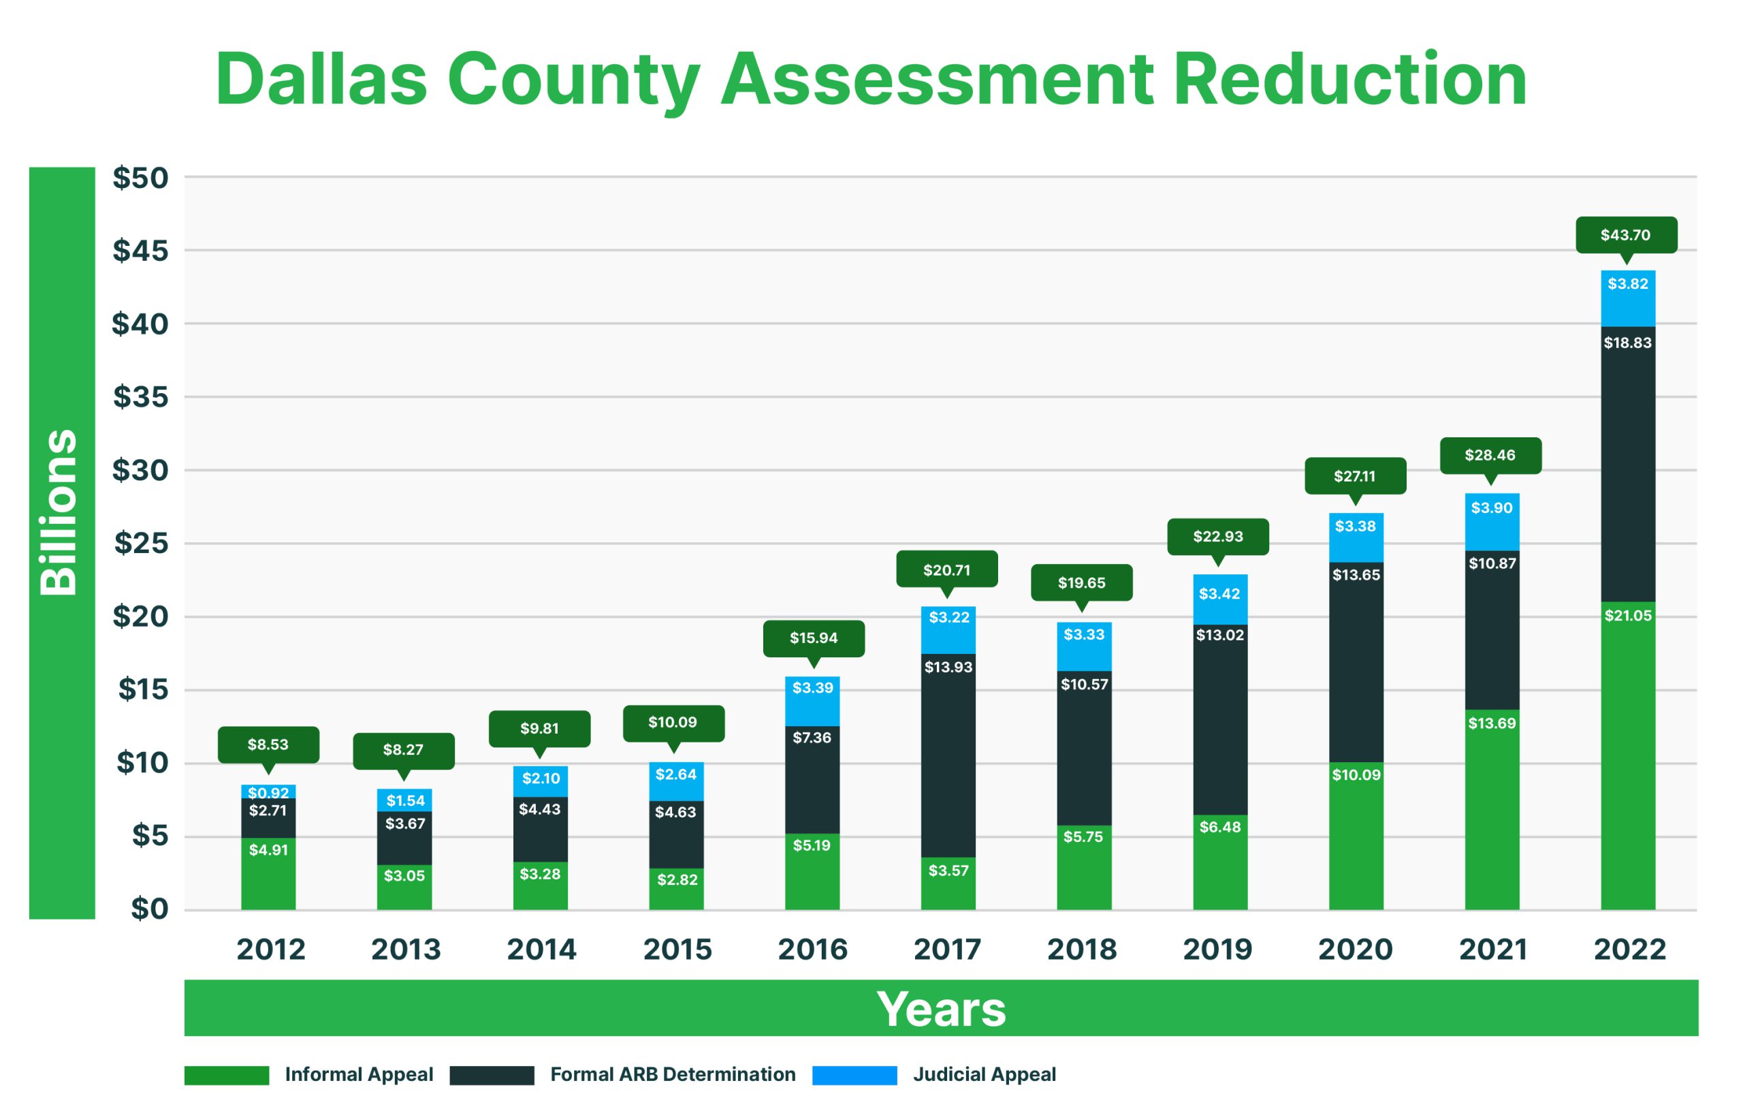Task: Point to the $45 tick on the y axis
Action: pos(140,251)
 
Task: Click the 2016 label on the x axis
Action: pos(812,950)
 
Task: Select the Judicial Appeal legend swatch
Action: pos(854,1076)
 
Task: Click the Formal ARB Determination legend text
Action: pos(673,1075)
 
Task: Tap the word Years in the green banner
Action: pos(941,1009)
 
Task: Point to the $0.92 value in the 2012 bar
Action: pos(268,793)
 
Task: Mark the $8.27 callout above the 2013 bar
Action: pos(403,750)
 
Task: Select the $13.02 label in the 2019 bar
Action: pos(1219,636)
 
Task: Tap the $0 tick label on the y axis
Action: pos(149,909)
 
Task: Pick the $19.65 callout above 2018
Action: pos(1081,583)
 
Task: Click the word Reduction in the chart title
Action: pos(1349,80)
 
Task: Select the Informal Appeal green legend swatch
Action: pos(227,1076)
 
